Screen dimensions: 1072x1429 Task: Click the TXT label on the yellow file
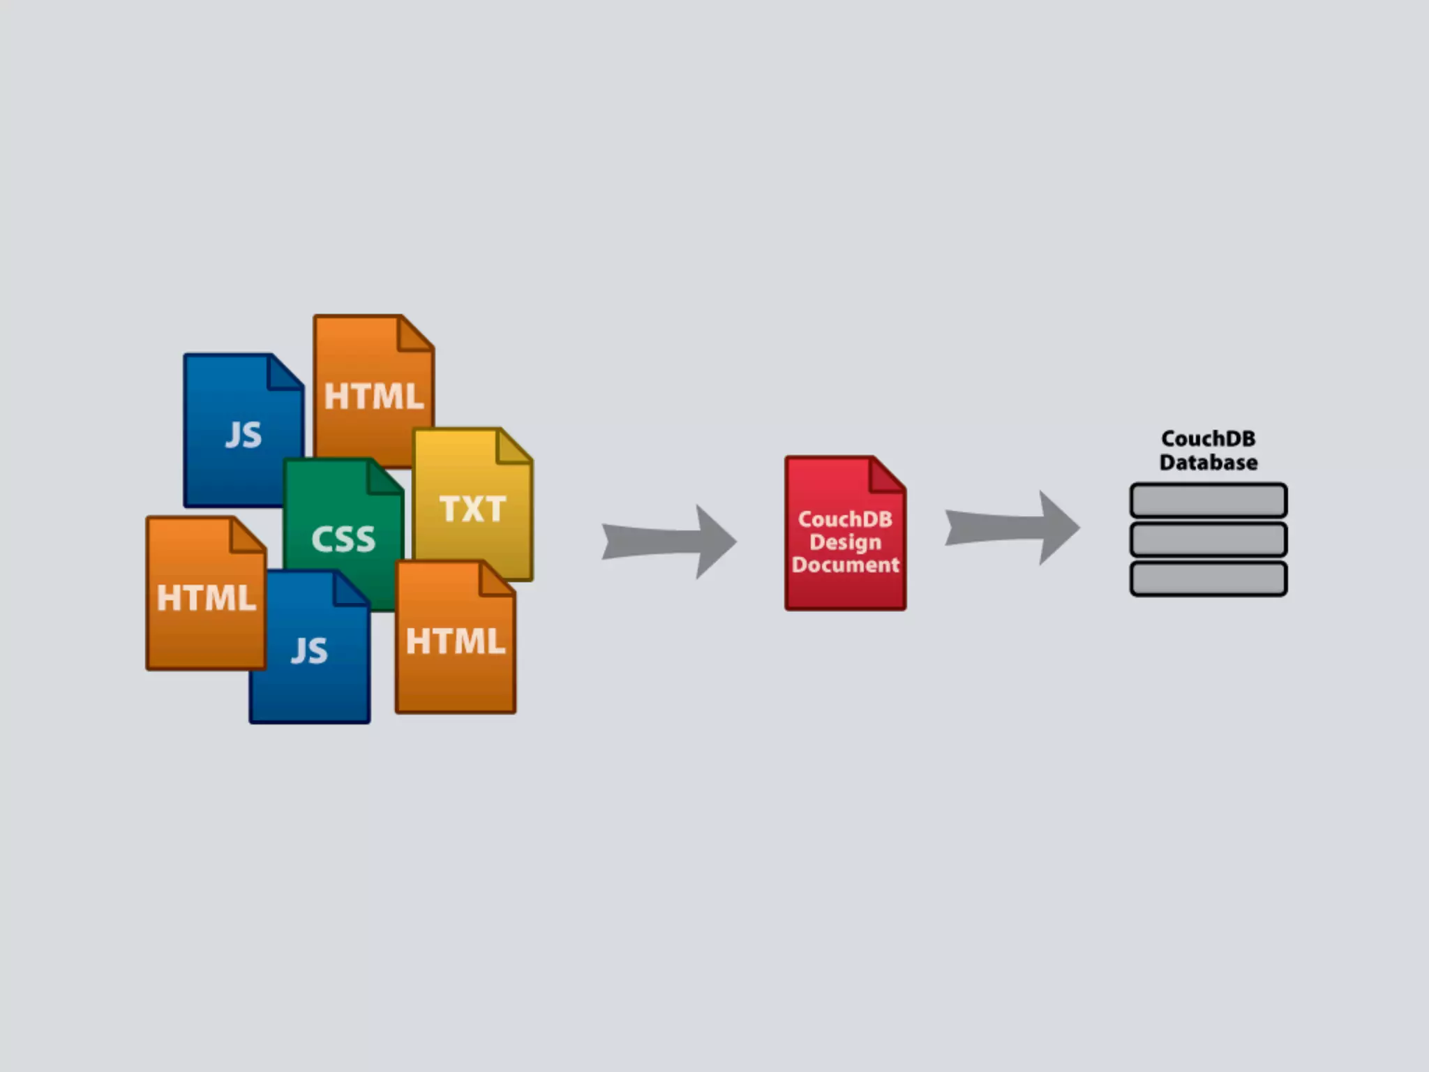pyautogui.click(x=472, y=509)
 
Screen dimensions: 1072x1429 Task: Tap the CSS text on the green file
pyautogui.click(x=343, y=539)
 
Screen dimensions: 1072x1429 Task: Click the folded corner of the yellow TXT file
pyautogui.click(x=515, y=447)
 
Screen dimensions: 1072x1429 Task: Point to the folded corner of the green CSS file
pyautogui.click(x=386, y=477)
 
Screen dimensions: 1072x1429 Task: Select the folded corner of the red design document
pyautogui.click(x=888, y=475)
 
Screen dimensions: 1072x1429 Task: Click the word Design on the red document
pyautogui.click(x=845, y=542)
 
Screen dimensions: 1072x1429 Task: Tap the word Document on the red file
pyautogui.click(x=845, y=565)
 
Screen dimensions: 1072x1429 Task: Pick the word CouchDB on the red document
pyautogui.click(x=845, y=519)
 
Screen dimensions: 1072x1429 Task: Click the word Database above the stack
pyautogui.click(x=1209, y=463)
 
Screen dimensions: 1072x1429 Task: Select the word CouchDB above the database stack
pyautogui.click(x=1209, y=439)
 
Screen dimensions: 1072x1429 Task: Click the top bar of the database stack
pyautogui.click(x=1209, y=500)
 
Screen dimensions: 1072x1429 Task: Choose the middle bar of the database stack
pyautogui.click(x=1209, y=539)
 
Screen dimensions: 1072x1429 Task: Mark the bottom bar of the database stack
pyautogui.click(x=1209, y=579)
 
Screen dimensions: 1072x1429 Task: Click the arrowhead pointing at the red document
pyautogui.click(x=715, y=542)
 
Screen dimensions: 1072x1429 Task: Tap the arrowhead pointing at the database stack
pyautogui.click(x=1058, y=528)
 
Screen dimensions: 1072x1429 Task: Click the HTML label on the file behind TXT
pyautogui.click(x=374, y=396)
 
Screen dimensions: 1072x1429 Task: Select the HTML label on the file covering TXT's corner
pyautogui.click(x=456, y=641)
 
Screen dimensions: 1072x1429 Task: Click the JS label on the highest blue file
pyautogui.click(x=244, y=435)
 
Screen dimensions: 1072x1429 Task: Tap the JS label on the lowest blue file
pyautogui.click(x=309, y=650)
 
